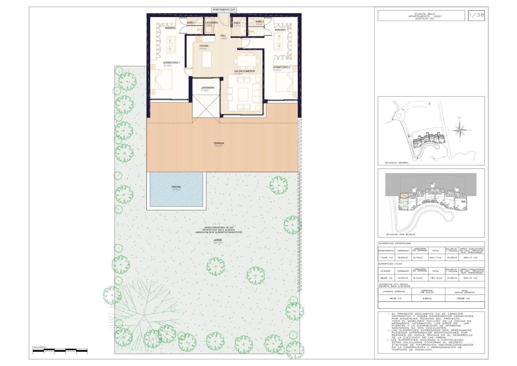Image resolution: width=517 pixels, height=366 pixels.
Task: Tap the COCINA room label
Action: (x=204, y=46)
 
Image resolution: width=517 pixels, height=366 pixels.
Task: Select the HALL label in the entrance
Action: (x=223, y=35)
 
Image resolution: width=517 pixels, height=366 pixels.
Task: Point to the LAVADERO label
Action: (x=212, y=23)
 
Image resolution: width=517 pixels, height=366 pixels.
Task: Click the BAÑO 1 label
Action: (x=191, y=23)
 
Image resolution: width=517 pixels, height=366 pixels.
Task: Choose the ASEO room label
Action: (x=237, y=23)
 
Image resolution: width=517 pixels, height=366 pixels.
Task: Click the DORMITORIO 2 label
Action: (x=281, y=67)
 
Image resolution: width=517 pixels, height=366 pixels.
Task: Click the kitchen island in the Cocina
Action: (x=206, y=58)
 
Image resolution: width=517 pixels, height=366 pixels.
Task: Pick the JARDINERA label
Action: (x=207, y=88)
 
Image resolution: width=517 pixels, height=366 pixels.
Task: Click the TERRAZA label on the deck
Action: (x=219, y=143)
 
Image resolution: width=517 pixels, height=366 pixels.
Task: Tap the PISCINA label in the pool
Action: (x=176, y=187)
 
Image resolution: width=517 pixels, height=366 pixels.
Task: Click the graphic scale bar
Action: (x=60, y=350)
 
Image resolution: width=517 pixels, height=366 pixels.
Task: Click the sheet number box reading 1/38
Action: (x=476, y=16)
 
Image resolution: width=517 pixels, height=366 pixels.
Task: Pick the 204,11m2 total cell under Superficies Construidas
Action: (x=435, y=257)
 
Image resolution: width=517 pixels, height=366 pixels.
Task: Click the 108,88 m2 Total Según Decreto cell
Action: (x=464, y=299)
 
